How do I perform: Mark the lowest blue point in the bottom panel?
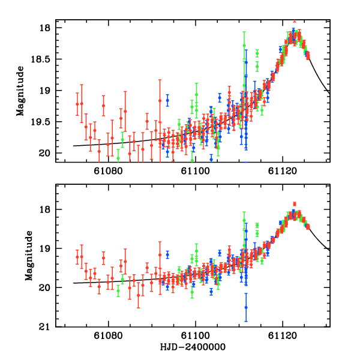click(246, 307)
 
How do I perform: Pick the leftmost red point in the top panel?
click(77, 104)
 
